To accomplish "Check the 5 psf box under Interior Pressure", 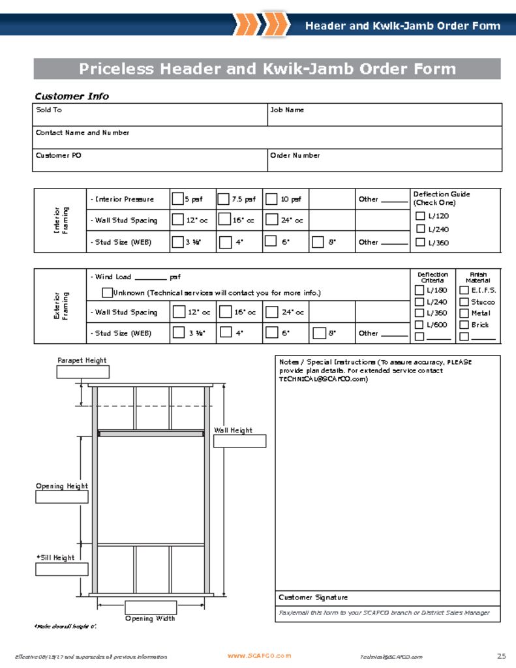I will pyautogui.click(x=177, y=199).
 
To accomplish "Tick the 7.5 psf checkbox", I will pyautogui.click(x=223, y=199).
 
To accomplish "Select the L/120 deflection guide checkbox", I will pyautogui.click(x=420, y=216).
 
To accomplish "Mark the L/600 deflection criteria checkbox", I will pyautogui.click(x=420, y=325).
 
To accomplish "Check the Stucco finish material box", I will pyautogui.click(x=464, y=302).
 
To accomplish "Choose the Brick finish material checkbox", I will pyautogui.click(x=464, y=325).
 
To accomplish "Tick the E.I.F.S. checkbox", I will pyautogui.click(x=464, y=290).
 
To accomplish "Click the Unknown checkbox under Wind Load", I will pyautogui.click(x=108, y=292).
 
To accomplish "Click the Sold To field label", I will pyautogui.click(x=49, y=110).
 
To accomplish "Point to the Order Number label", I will pyautogui.click(x=295, y=156).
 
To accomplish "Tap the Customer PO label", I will pyautogui.click(x=59, y=156).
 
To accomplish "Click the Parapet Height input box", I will pyautogui.click(x=83, y=372).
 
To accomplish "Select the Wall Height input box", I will pyautogui.click(x=239, y=441).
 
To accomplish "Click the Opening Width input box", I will pyautogui.click(x=150, y=607).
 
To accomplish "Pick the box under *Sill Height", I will pyautogui.click(x=61, y=569).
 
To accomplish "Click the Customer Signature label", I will pyautogui.click(x=313, y=598).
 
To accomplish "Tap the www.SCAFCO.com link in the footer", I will pyautogui.click(x=259, y=656).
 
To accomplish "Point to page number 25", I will pyautogui.click(x=501, y=656).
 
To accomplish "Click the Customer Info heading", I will pyautogui.click(x=72, y=97).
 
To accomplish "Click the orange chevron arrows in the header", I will pyautogui.click(x=261, y=24).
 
